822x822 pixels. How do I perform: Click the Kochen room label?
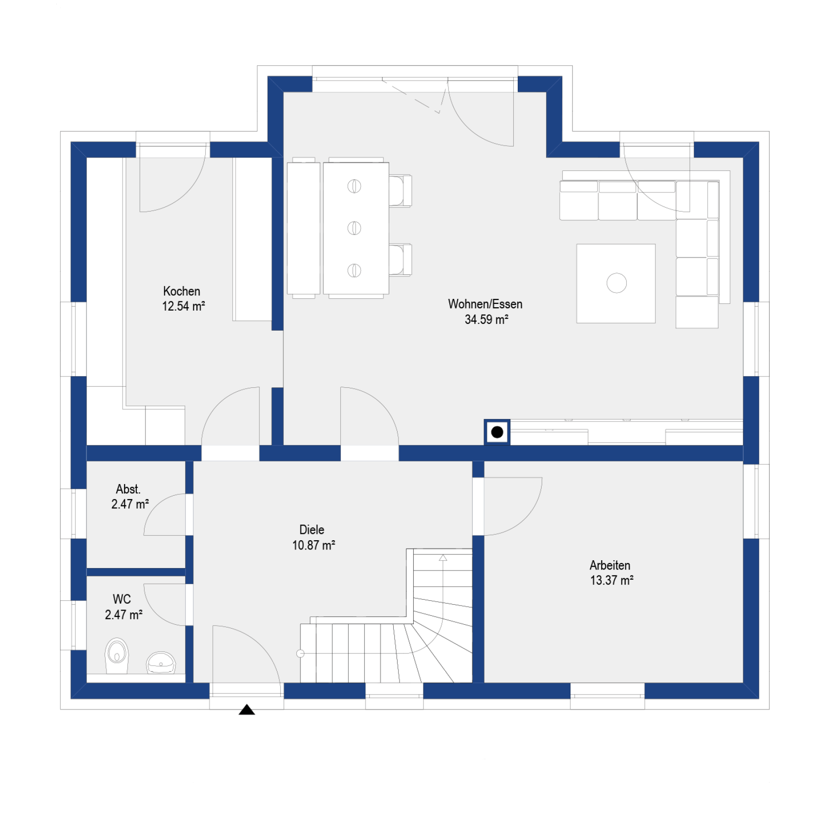[x=182, y=291]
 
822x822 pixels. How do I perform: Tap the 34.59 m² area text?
[x=486, y=319]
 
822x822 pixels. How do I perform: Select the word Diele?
[x=312, y=530]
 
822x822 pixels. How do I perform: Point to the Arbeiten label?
[x=610, y=566]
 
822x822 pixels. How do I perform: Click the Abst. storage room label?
[x=128, y=489]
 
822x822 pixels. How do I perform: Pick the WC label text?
[x=122, y=599]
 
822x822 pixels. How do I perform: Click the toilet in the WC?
[x=117, y=655]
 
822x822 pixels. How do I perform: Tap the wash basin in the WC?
[x=161, y=662]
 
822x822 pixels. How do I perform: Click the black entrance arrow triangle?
[x=247, y=709]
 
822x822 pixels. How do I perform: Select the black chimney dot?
[x=497, y=432]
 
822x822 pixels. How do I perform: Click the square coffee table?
[x=616, y=283]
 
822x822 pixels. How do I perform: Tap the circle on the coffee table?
[x=616, y=283]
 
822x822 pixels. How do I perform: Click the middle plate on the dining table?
[x=354, y=228]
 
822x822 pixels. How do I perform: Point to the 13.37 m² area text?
[x=612, y=580]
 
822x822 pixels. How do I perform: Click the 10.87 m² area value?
[x=314, y=545]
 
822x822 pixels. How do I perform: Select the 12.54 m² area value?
[x=184, y=306]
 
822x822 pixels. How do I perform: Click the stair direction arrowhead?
[x=443, y=558]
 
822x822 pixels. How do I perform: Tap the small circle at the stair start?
[x=300, y=653]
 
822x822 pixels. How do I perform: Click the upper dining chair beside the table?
[x=400, y=190]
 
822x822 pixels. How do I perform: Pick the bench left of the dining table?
[x=303, y=228]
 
